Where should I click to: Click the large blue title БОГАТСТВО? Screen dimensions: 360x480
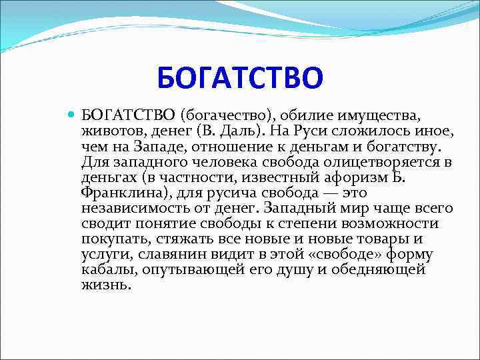click(x=240, y=77)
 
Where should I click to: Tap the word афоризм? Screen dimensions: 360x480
click(x=365, y=177)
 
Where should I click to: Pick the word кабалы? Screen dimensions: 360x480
click(x=104, y=269)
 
